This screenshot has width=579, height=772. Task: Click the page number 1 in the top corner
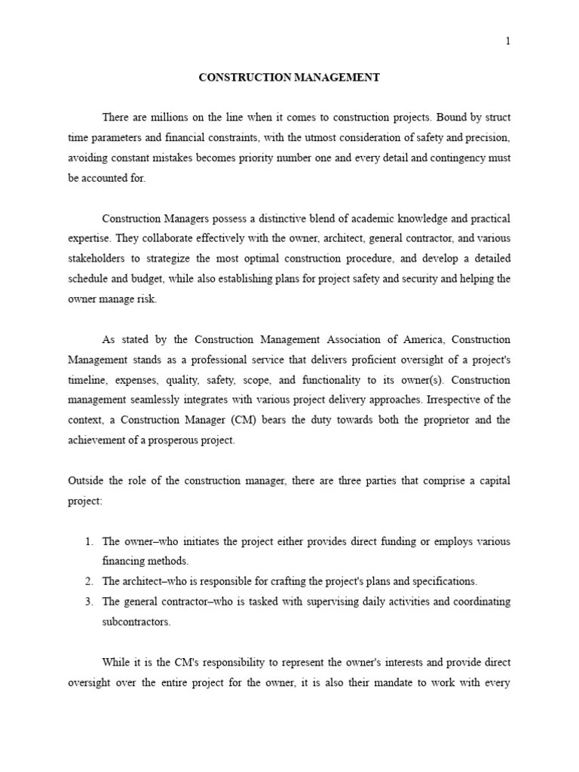tap(507, 41)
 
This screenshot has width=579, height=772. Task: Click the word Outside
tap(87, 481)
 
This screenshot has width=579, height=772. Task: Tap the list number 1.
tap(88, 541)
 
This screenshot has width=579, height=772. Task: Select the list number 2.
tap(88, 581)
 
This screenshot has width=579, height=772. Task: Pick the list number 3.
tap(88, 602)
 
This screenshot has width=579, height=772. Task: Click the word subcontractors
tap(136, 622)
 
